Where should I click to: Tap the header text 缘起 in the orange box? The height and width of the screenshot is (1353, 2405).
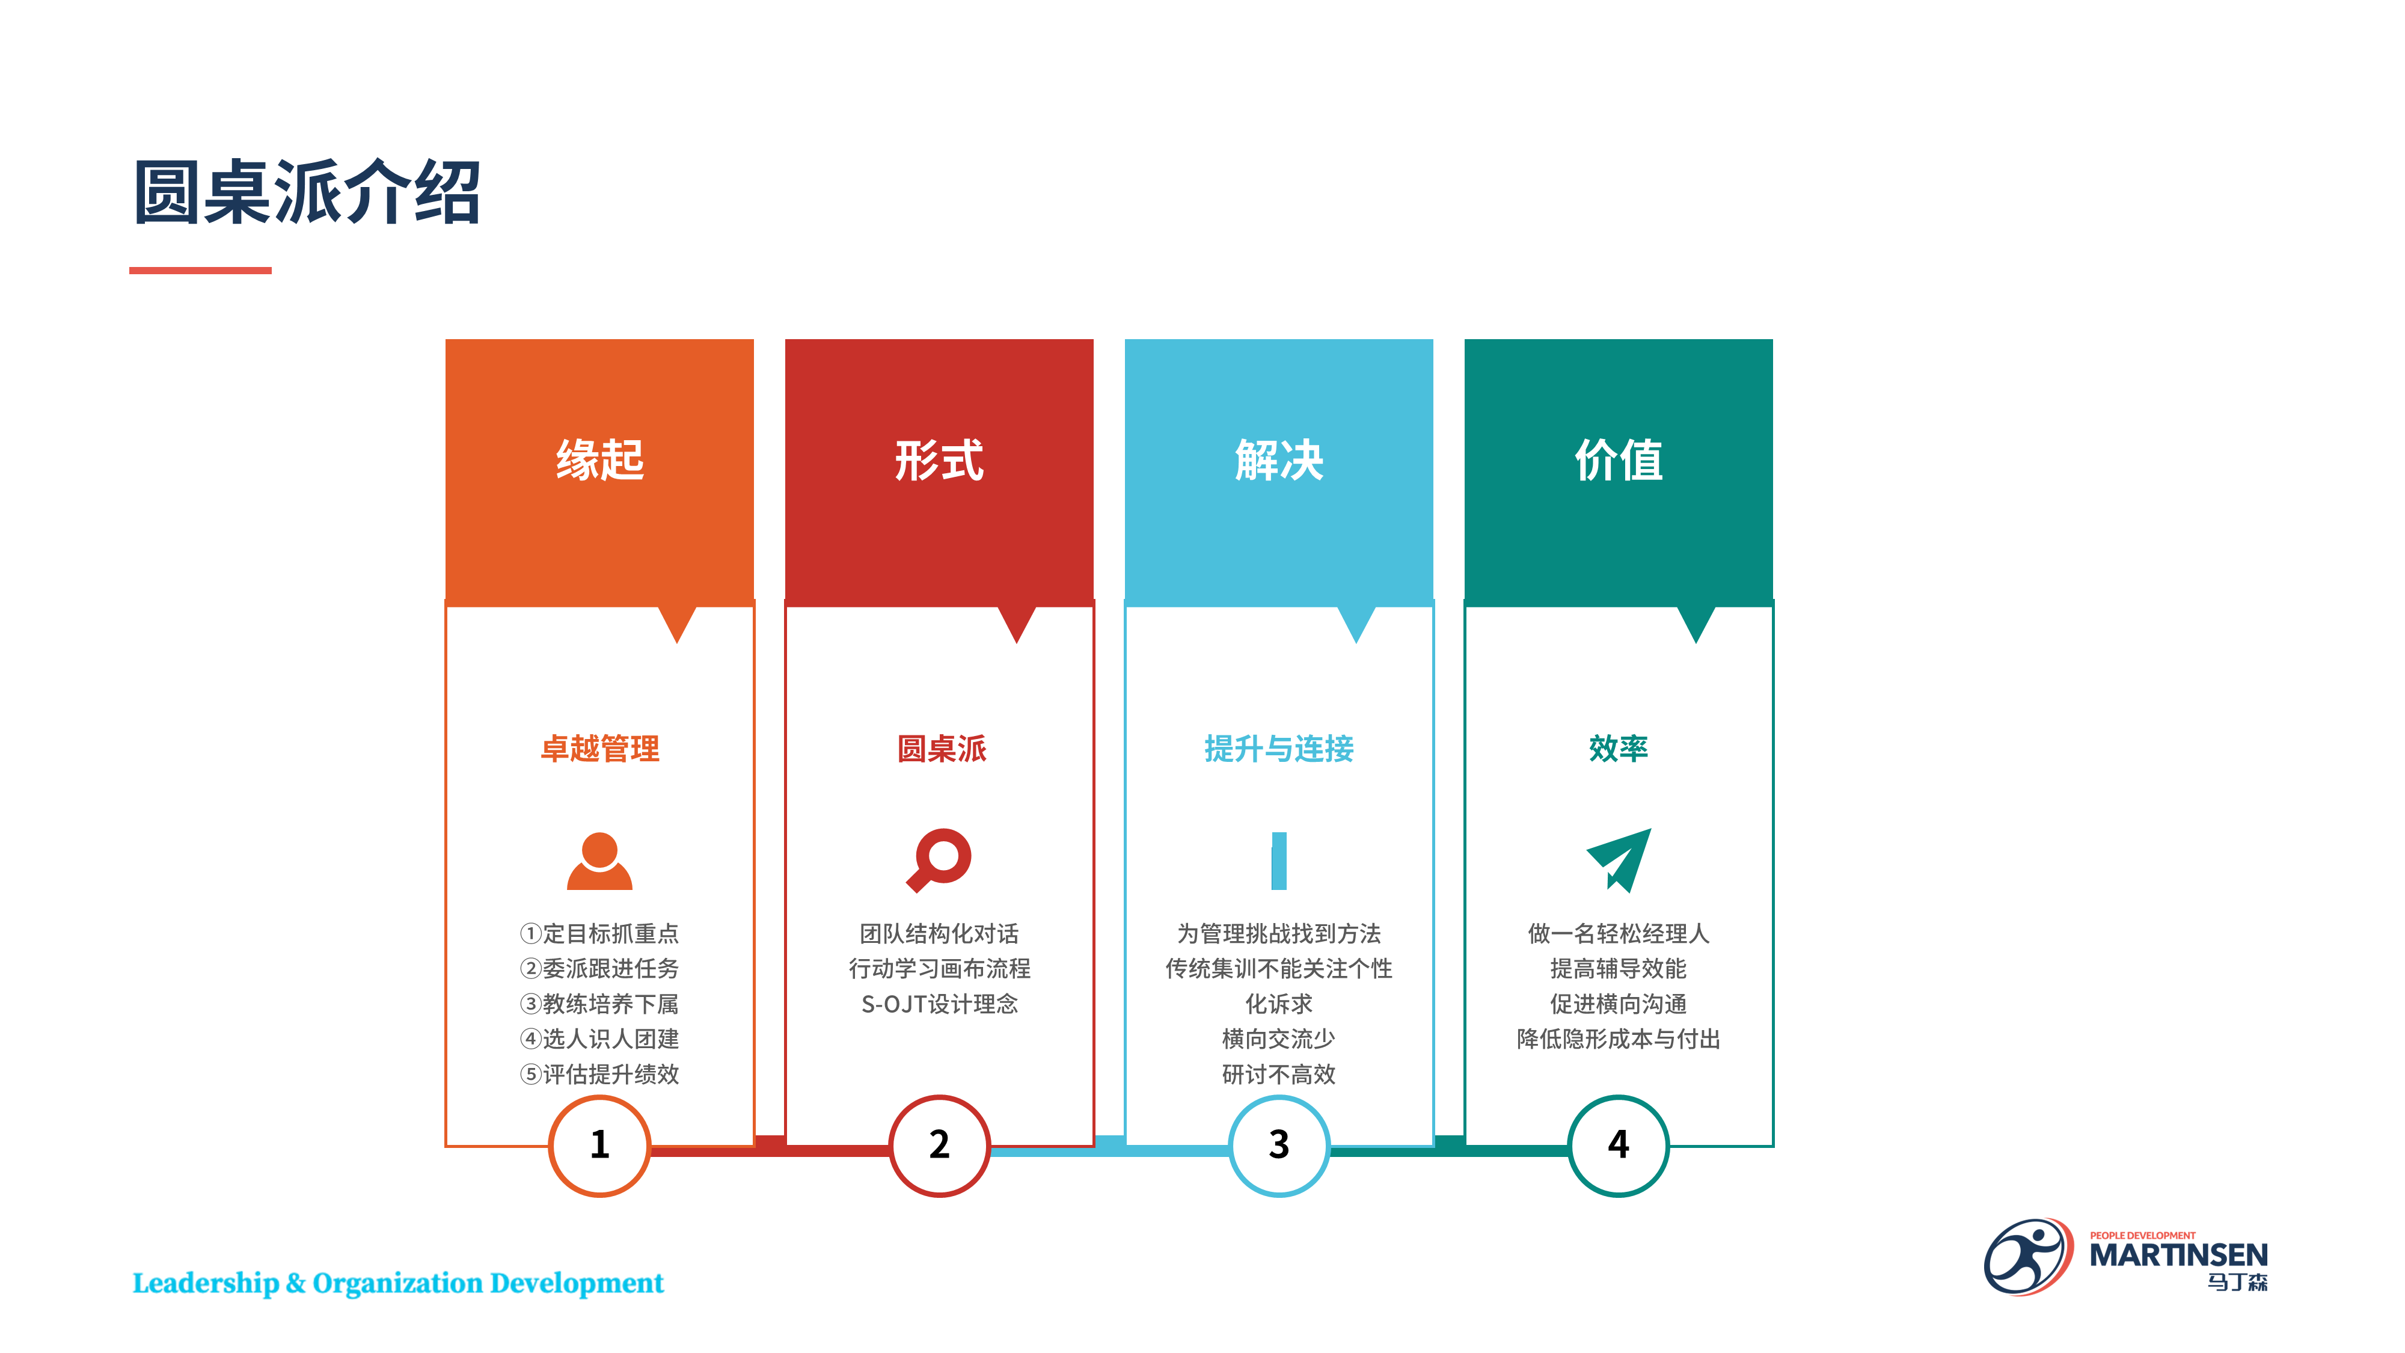point(599,461)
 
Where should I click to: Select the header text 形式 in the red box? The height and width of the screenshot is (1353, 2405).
point(939,461)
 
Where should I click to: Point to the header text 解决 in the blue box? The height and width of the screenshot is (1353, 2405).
point(1279,461)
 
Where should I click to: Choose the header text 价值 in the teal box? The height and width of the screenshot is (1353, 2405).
point(1619,461)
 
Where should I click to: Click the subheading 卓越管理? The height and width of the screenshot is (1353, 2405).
point(599,749)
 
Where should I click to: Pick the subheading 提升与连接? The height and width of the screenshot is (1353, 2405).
point(1279,749)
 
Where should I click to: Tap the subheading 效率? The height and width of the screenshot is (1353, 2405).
point(1619,749)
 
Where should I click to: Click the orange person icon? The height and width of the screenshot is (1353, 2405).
point(599,861)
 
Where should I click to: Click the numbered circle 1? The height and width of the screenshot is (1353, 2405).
point(599,1146)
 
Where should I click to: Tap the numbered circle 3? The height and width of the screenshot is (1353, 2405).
point(1279,1146)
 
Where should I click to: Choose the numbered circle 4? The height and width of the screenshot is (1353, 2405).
point(1619,1146)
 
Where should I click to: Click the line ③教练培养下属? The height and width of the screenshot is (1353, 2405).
point(599,1004)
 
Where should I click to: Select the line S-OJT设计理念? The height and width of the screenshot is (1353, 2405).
point(939,1004)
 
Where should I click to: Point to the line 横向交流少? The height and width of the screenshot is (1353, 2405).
point(1279,1039)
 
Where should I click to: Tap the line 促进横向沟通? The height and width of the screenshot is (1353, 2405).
point(1619,1004)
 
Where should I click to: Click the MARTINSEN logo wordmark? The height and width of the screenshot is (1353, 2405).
point(2178,1255)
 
